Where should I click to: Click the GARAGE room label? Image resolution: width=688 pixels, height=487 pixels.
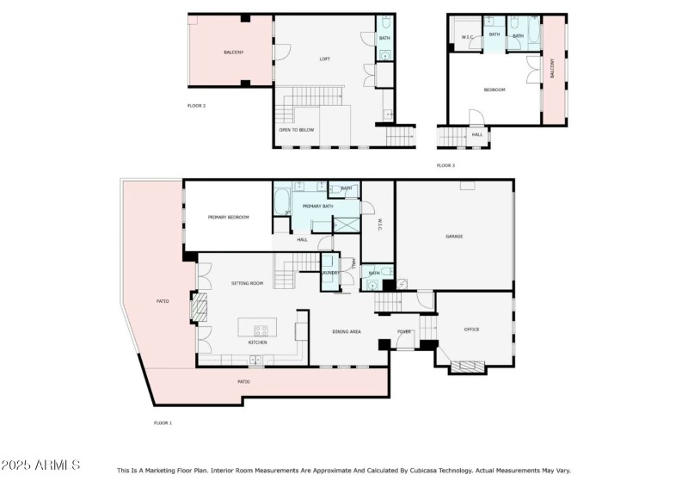click(454, 236)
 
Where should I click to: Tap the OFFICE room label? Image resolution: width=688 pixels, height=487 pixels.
click(471, 330)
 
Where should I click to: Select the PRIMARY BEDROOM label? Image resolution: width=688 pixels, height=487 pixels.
click(228, 217)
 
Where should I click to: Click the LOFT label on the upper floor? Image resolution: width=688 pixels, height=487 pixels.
click(324, 59)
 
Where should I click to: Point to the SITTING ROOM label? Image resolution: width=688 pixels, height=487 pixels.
click(247, 283)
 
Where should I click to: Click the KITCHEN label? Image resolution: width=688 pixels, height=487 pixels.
click(257, 342)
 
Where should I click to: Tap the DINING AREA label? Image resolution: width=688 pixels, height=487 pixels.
click(346, 331)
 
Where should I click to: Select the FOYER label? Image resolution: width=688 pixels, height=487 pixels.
click(404, 331)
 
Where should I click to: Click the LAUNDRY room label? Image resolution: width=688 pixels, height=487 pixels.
click(330, 273)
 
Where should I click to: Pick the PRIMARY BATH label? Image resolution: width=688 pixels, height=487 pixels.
click(317, 207)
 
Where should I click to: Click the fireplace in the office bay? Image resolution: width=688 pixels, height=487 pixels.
click(467, 367)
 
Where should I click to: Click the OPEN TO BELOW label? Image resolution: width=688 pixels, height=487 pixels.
click(296, 130)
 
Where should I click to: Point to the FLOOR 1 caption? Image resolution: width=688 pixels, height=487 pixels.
click(163, 422)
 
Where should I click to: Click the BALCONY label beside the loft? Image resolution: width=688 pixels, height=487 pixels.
click(233, 52)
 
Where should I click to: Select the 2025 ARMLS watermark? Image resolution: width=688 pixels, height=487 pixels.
click(40, 465)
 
